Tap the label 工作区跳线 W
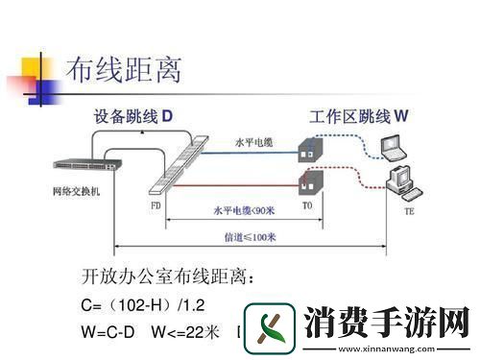[x=359, y=116]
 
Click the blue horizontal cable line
[x=254, y=155]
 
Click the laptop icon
[x=394, y=146]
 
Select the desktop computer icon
[x=401, y=180]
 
